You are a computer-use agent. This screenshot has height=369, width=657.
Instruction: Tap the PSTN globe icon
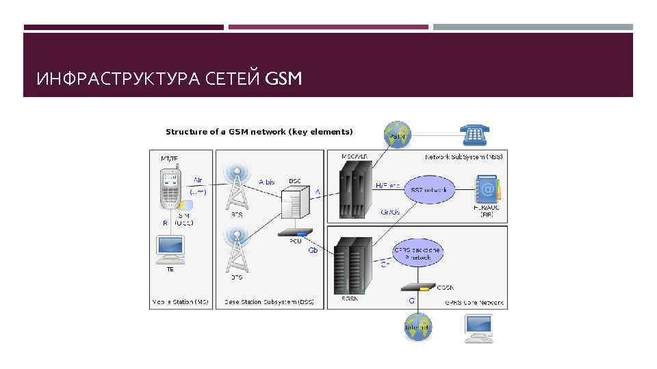(398, 135)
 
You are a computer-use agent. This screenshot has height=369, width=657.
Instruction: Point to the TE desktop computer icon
(170, 250)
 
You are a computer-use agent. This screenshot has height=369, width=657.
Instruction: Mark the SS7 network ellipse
(430, 189)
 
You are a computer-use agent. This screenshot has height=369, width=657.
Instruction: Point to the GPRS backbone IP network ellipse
(417, 254)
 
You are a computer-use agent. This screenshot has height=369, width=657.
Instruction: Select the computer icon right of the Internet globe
(478, 328)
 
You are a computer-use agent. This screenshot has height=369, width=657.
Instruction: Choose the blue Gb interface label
(313, 250)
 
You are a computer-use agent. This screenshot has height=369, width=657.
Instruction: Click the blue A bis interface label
(266, 182)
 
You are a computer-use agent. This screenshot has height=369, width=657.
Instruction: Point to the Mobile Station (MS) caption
(181, 301)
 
